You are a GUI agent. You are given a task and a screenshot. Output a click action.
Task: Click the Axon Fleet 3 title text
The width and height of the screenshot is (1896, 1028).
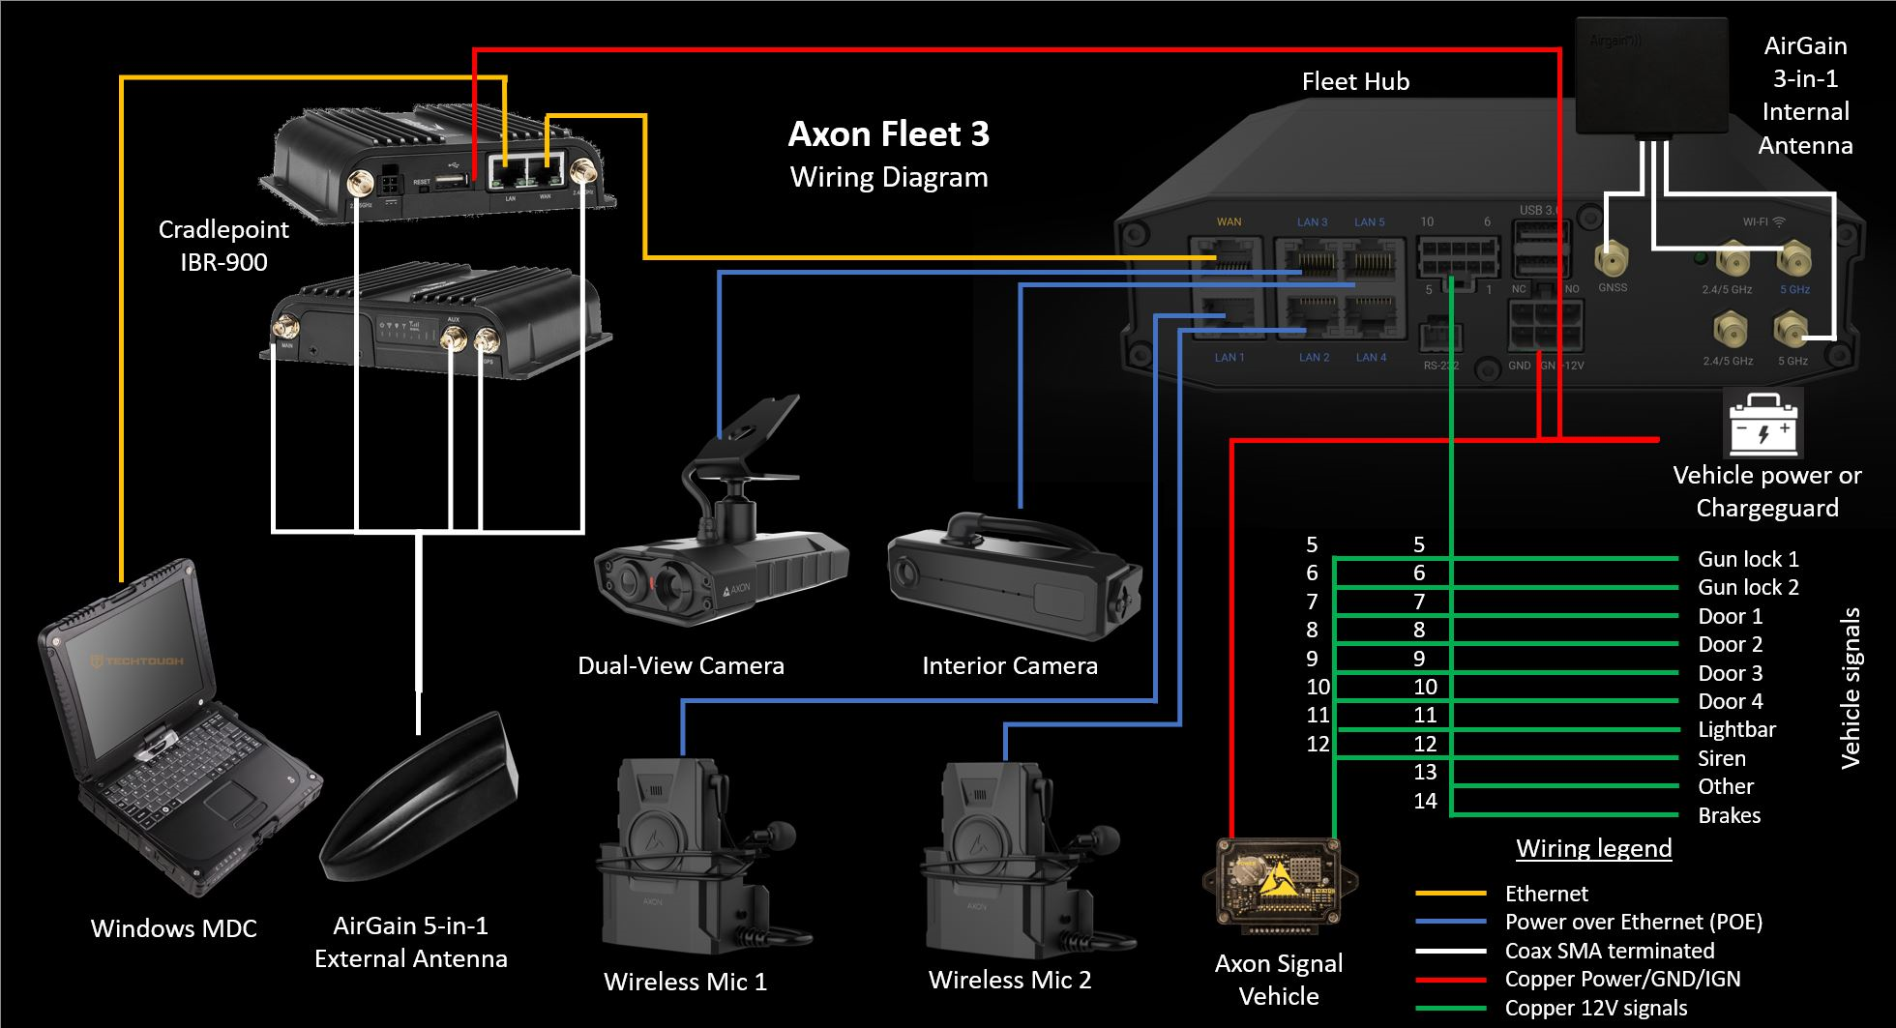888,134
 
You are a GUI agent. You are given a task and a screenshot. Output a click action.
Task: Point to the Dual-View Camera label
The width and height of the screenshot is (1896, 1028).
680,666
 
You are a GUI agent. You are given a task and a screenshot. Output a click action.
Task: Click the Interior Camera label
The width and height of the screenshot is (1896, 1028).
1009,666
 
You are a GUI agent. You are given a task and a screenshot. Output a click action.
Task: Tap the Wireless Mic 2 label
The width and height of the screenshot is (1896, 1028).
1009,981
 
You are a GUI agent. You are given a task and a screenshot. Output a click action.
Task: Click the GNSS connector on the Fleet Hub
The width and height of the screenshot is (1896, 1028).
1612,261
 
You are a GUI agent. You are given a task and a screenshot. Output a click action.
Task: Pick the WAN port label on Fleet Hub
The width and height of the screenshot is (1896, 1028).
1229,222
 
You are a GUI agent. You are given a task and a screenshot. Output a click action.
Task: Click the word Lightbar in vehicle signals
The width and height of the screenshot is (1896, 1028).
1736,730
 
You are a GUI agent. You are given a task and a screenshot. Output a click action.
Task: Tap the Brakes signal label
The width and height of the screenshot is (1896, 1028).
1729,815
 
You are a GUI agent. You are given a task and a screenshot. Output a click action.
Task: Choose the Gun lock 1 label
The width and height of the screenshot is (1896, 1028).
1748,559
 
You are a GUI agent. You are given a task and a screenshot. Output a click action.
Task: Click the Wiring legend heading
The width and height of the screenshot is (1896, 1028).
1593,849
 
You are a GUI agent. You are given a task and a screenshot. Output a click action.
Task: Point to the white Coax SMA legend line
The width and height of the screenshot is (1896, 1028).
1450,952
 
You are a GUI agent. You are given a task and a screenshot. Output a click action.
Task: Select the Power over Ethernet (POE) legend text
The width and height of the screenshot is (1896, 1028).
1633,923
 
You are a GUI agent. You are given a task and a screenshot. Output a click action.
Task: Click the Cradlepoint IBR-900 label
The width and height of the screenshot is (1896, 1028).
223,246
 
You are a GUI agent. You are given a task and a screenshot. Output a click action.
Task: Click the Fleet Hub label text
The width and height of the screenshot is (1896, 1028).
1355,82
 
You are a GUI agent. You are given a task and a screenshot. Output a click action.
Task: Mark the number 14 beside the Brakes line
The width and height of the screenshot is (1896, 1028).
1425,801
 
